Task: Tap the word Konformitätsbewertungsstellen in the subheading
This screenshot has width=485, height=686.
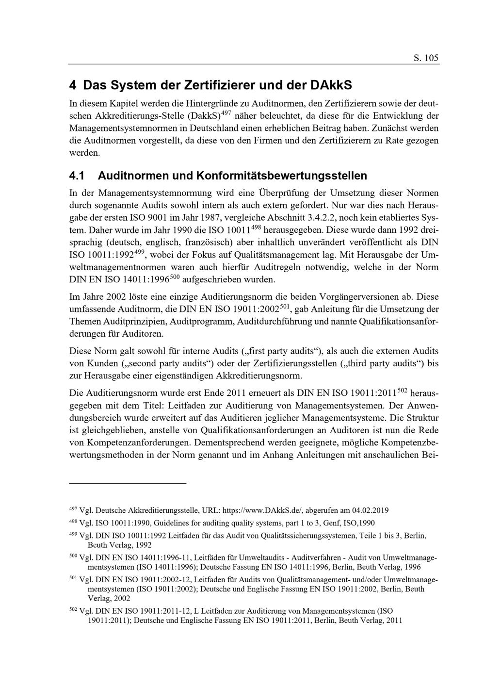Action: click(x=281, y=175)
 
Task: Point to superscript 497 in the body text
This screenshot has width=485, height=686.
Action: click(x=226, y=114)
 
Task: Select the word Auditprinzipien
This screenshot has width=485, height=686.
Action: click(x=149, y=321)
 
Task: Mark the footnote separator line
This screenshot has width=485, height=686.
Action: click(x=128, y=483)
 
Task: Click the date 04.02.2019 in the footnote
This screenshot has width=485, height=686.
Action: click(x=370, y=510)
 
